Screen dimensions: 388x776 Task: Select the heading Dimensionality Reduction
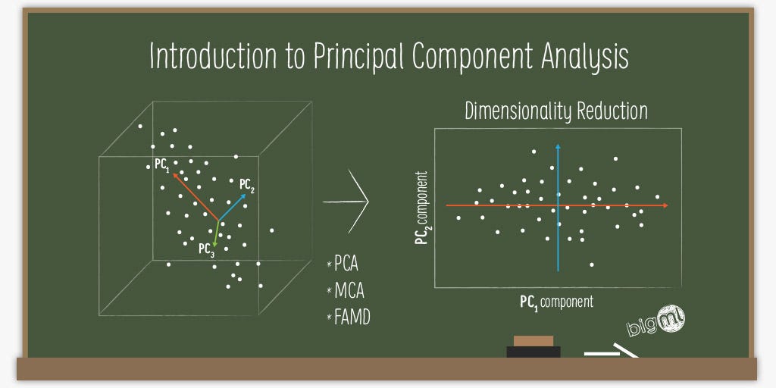click(x=555, y=111)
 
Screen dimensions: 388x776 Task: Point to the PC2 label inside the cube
click(x=247, y=184)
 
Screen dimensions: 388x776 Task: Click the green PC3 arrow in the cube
click(x=217, y=234)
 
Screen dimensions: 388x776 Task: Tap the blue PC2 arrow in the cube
click(x=233, y=207)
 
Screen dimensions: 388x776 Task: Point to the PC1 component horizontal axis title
click(x=556, y=302)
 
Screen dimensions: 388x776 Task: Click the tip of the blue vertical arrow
click(x=558, y=145)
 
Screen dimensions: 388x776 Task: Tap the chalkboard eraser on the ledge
click(x=533, y=346)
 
